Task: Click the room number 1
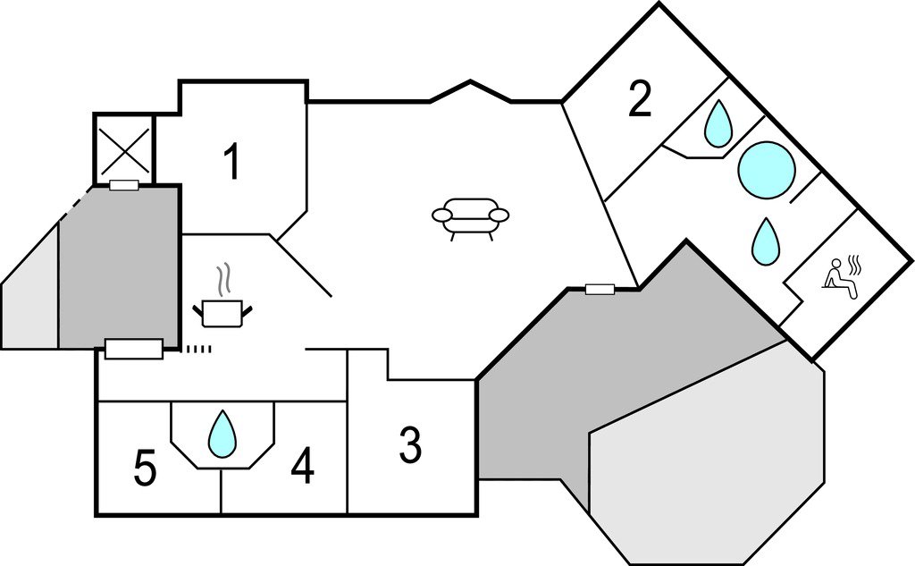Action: point(231,163)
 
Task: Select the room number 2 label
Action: point(639,100)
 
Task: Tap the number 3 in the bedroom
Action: point(409,446)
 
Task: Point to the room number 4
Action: point(303,467)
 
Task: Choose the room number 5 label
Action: point(145,469)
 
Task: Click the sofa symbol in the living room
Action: point(470,217)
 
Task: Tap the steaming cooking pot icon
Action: point(222,311)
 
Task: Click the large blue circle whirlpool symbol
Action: point(767,169)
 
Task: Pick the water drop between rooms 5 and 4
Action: point(222,434)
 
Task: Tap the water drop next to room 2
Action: point(718,123)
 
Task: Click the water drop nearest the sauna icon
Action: point(764,241)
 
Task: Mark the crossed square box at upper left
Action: point(124,148)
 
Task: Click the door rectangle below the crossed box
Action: point(123,185)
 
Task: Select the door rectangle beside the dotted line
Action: point(134,349)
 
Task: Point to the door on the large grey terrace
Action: point(600,289)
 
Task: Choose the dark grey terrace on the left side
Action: point(118,268)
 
